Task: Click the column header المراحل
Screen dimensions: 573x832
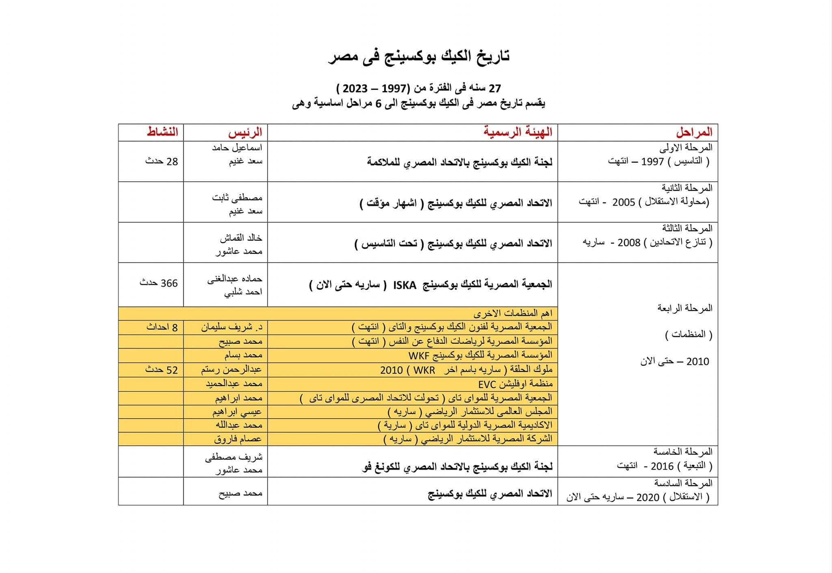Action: (x=694, y=132)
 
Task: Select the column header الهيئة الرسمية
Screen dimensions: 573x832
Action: (x=518, y=132)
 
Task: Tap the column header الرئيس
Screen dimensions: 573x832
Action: (x=245, y=132)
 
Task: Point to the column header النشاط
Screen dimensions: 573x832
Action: (x=162, y=132)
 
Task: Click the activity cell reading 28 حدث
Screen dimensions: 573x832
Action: (x=161, y=161)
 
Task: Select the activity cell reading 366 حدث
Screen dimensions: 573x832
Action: (x=158, y=283)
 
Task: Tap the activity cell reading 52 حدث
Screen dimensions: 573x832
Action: (x=161, y=370)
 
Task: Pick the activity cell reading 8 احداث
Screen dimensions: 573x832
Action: (x=162, y=327)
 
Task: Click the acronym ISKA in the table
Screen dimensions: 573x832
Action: (x=405, y=285)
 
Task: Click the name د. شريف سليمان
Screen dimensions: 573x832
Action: (x=232, y=327)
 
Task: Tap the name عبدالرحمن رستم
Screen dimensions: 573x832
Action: (x=232, y=370)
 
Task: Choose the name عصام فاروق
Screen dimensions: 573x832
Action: (x=238, y=439)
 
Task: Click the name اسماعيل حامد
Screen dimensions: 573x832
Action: (x=237, y=148)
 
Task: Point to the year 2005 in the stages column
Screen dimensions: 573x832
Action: (x=623, y=202)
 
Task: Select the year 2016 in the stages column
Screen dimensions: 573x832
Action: (x=662, y=466)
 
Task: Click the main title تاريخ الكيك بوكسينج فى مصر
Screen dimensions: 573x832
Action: (x=419, y=56)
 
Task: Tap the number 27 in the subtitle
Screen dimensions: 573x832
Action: (x=495, y=88)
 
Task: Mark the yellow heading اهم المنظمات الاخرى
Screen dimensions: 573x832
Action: (x=513, y=313)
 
